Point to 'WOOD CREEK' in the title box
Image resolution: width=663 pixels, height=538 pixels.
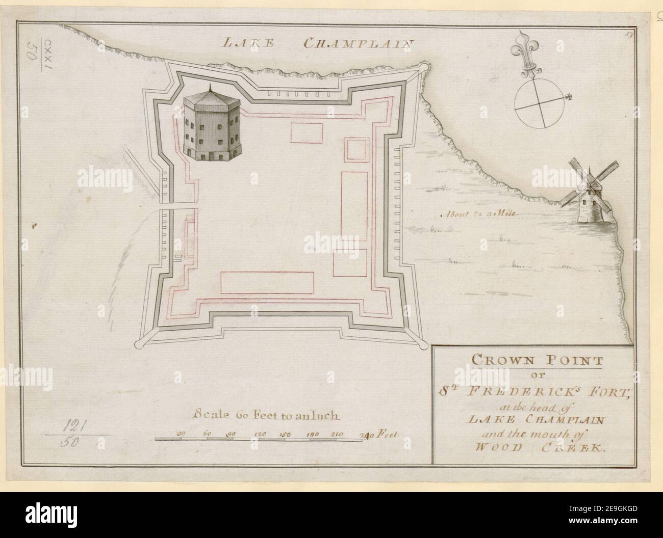[532, 449]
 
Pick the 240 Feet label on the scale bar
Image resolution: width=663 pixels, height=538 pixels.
[378, 435]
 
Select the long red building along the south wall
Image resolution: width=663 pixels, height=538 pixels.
[267, 283]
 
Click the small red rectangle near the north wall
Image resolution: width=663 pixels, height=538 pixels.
[307, 133]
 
